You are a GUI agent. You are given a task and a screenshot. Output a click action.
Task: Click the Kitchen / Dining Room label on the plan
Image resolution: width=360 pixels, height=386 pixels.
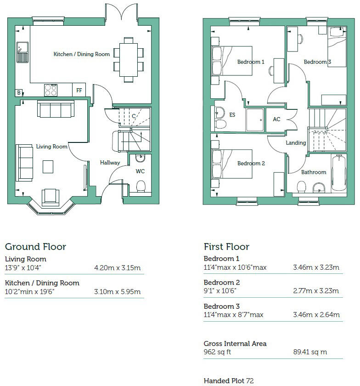(82, 54)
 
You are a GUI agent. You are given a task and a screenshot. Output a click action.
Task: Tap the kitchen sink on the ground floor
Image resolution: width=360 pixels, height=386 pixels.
(22, 51)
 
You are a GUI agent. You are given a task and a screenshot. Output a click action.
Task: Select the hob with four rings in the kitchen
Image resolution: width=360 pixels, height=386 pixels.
(51, 90)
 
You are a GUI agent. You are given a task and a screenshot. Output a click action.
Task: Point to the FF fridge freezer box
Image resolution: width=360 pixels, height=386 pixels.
(79, 91)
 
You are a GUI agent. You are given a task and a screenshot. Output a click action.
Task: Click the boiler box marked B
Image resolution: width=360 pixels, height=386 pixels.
(19, 93)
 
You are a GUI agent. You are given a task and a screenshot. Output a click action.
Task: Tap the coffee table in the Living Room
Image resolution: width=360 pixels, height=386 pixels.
(48, 166)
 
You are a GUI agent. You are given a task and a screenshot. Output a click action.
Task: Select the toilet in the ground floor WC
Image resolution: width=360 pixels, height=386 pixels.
(141, 186)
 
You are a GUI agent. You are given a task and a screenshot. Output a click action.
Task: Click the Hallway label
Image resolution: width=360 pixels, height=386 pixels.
(110, 163)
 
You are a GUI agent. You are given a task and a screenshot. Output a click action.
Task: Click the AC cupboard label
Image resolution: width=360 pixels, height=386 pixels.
(276, 119)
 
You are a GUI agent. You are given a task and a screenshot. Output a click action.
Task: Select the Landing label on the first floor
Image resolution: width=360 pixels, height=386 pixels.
(295, 143)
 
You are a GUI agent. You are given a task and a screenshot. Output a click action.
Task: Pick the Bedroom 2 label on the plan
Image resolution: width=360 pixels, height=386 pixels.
(251, 163)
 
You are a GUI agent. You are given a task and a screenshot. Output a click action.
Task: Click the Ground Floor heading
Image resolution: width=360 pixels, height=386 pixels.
(35, 247)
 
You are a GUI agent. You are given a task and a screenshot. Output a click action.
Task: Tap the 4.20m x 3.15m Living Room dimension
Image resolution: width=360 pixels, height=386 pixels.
(117, 268)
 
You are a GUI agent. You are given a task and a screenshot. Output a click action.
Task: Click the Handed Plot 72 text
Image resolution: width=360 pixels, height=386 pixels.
(229, 380)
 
